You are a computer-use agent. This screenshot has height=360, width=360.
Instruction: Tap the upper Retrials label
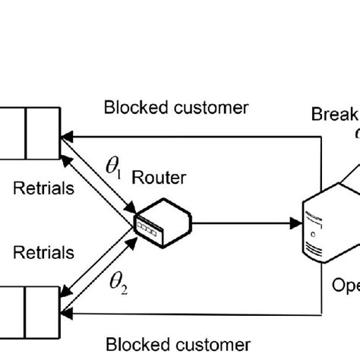point(43,188)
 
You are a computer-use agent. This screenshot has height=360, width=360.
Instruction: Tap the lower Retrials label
point(43,251)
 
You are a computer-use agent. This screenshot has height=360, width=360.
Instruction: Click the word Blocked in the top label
point(130,108)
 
